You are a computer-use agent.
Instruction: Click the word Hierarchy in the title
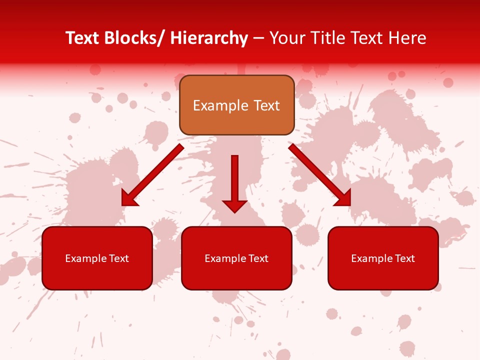208,38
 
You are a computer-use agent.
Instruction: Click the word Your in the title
287,38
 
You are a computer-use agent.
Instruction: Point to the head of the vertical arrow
234,205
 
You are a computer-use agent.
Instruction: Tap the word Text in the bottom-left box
119,258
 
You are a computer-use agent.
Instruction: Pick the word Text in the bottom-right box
405,258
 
